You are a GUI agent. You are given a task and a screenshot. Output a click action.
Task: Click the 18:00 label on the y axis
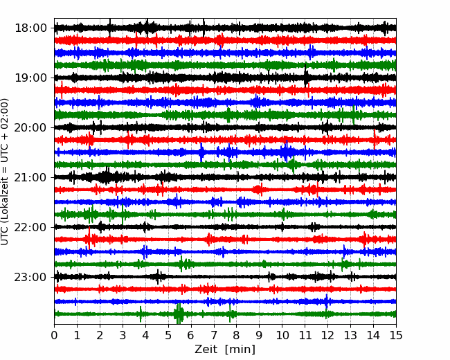click(x=30, y=28)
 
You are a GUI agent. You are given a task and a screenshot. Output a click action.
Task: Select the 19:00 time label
click(x=30, y=78)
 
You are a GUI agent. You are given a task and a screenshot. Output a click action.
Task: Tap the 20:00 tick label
click(x=30, y=127)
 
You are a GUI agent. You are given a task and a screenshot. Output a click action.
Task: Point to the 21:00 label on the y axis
click(x=30, y=177)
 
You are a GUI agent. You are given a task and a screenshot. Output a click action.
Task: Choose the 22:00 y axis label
click(x=30, y=227)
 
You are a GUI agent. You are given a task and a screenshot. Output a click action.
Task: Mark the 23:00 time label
click(x=30, y=277)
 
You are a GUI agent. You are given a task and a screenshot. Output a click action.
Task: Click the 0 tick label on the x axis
click(x=54, y=335)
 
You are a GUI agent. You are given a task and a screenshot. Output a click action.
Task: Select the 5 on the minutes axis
click(x=168, y=335)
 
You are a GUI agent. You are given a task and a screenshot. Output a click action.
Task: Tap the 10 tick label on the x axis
click(x=282, y=335)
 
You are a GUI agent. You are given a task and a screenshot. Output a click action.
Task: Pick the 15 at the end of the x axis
click(x=396, y=335)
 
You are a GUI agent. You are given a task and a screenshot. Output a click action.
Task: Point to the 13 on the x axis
click(x=350, y=335)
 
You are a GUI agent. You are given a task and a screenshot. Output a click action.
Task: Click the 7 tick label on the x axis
click(x=214, y=335)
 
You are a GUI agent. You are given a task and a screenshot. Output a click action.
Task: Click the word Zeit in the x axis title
click(x=206, y=349)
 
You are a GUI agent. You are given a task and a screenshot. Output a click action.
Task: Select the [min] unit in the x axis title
click(x=240, y=350)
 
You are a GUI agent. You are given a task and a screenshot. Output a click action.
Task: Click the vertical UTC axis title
click(x=4, y=172)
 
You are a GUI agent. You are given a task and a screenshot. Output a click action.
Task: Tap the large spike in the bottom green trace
click(x=179, y=314)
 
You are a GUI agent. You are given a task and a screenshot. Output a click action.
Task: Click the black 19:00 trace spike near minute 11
click(x=305, y=76)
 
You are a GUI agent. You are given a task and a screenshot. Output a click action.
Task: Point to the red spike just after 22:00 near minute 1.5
click(x=89, y=238)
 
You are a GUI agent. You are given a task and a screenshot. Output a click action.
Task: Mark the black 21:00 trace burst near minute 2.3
click(x=107, y=176)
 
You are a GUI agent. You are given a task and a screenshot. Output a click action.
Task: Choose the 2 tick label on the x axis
click(x=100, y=335)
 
